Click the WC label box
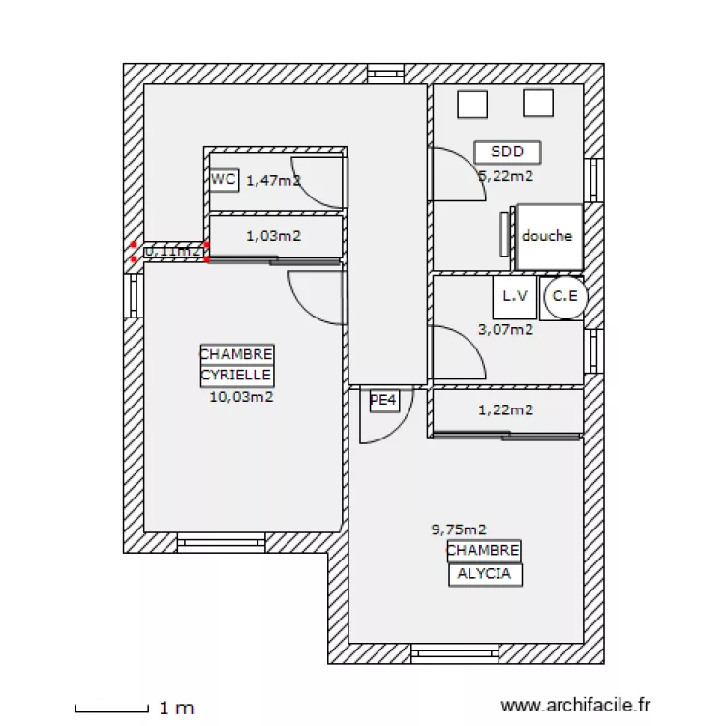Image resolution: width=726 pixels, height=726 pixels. pos(224,179)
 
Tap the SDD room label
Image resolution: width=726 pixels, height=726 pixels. pos(507,152)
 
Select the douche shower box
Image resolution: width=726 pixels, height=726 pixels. pos(549,236)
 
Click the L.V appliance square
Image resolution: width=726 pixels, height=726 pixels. pos(513,298)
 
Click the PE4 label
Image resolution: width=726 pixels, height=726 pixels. pos(384,400)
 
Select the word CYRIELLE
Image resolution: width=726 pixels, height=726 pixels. pos(236,375)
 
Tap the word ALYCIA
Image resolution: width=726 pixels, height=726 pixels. pos(484,574)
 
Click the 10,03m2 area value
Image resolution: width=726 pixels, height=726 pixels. pos(240,396)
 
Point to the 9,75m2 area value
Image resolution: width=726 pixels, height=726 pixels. pos(458,529)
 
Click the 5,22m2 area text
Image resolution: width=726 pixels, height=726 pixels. pos(506,176)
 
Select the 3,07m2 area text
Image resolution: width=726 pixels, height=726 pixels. pos(506,329)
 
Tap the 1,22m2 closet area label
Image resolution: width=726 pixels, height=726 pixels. pos(506,410)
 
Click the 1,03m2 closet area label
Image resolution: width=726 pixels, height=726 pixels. pos(273,235)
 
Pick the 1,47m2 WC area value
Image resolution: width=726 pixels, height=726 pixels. pos(273,180)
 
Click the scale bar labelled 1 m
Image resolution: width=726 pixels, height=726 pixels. pos(110,710)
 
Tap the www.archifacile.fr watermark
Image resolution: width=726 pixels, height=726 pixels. pos(577,708)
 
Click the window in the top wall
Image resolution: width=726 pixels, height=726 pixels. pos(385,73)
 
